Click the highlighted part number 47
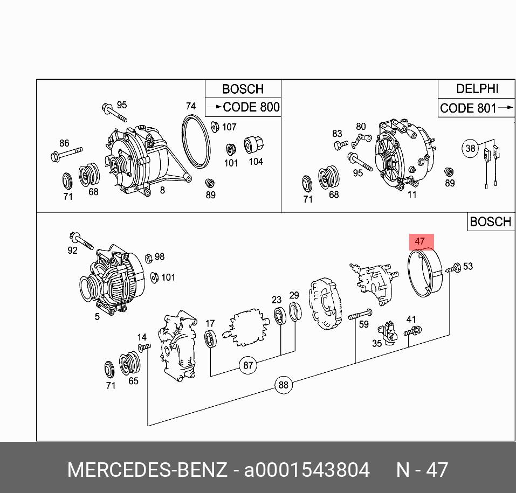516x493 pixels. click(x=420, y=242)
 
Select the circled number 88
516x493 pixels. click(x=283, y=385)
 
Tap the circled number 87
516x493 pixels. click(x=247, y=365)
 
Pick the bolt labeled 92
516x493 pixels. click(x=81, y=241)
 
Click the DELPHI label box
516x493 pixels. click(x=477, y=89)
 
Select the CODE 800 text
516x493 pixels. click(x=251, y=107)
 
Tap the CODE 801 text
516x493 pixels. click(x=468, y=108)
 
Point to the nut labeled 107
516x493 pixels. click(x=214, y=127)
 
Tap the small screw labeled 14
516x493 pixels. click(x=143, y=348)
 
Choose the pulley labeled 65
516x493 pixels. click(x=129, y=362)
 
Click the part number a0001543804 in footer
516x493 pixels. click(x=307, y=470)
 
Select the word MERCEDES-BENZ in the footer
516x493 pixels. click(x=147, y=470)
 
